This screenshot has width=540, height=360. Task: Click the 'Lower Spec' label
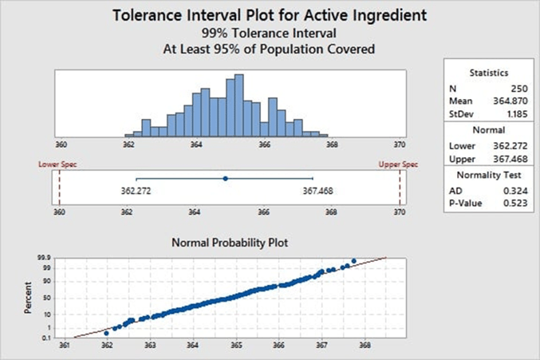(x=58, y=164)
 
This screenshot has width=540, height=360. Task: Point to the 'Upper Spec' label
(x=398, y=164)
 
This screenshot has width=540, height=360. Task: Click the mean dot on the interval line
(x=225, y=179)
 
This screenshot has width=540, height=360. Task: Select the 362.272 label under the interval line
(x=137, y=192)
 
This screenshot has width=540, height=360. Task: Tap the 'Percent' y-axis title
(x=29, y=297)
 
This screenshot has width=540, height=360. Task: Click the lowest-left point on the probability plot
(x=107, y=333)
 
